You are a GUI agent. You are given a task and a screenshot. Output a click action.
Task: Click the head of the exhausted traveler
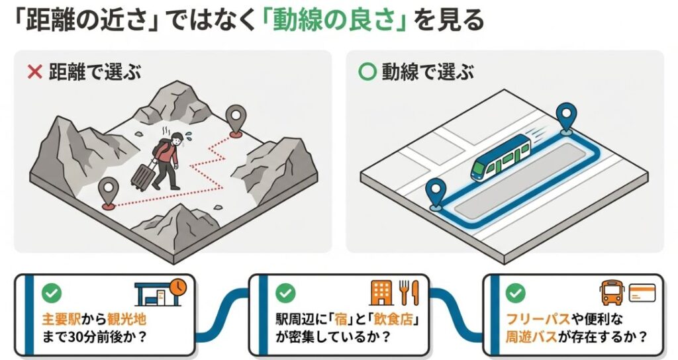pos(175,139)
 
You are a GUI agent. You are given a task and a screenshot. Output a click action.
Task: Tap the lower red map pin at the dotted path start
pos(107,192)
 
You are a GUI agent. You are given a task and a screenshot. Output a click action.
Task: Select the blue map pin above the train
pos(565,116)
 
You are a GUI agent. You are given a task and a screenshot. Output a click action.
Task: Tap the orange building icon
pos(381,292)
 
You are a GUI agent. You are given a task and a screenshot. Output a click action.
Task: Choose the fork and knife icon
pos(409,292)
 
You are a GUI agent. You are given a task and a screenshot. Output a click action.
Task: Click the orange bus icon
pos(612,292)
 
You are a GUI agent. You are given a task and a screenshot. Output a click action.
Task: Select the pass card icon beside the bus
pos(641,292)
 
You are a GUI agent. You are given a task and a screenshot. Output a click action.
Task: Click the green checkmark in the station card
pos(50,292)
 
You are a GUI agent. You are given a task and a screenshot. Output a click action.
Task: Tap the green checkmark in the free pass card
pos(516,292)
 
